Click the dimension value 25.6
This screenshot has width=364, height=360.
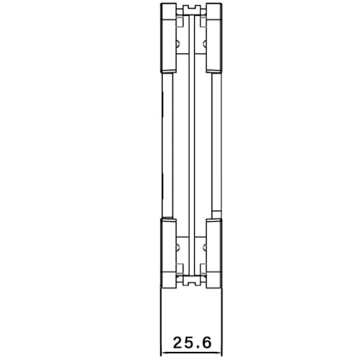click(x=192, y=343)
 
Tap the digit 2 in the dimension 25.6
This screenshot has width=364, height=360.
click(x=178, y=343)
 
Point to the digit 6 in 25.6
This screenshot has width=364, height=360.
click(x=207, y=343)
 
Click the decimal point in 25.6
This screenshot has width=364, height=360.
click(x=197, y=347)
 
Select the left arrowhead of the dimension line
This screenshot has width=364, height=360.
click(x=164, y=353)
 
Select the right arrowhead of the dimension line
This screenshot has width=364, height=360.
click(x=218, y=353)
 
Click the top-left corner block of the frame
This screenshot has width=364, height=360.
click(x=168, y=38)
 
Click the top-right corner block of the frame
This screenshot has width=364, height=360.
click(x=214, y=38)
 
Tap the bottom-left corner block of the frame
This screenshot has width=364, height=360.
click(x=168, y=253)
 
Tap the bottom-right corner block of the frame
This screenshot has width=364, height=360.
click(x=214, y=253)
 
